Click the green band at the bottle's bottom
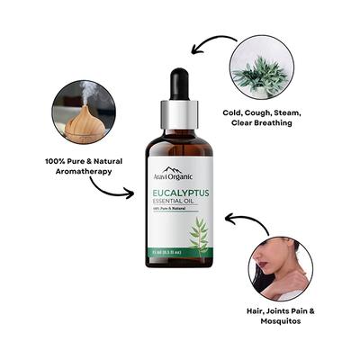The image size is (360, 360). [180, 260]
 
